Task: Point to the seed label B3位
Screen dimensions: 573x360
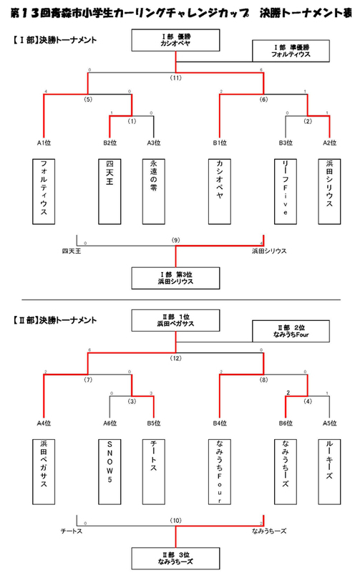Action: (x=287, y=143)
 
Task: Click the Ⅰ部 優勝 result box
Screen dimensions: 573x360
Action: (x=175, y=40)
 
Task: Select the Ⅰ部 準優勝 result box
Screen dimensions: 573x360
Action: (x=291, y=50)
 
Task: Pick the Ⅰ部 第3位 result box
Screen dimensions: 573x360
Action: (x=175, y=276)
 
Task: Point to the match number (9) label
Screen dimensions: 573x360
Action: (x=175, y=239)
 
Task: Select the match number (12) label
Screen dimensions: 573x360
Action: (x=175, y=357)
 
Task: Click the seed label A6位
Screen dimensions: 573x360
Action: (x=110, y=423)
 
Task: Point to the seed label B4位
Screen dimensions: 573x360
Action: (x=219, y=423)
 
